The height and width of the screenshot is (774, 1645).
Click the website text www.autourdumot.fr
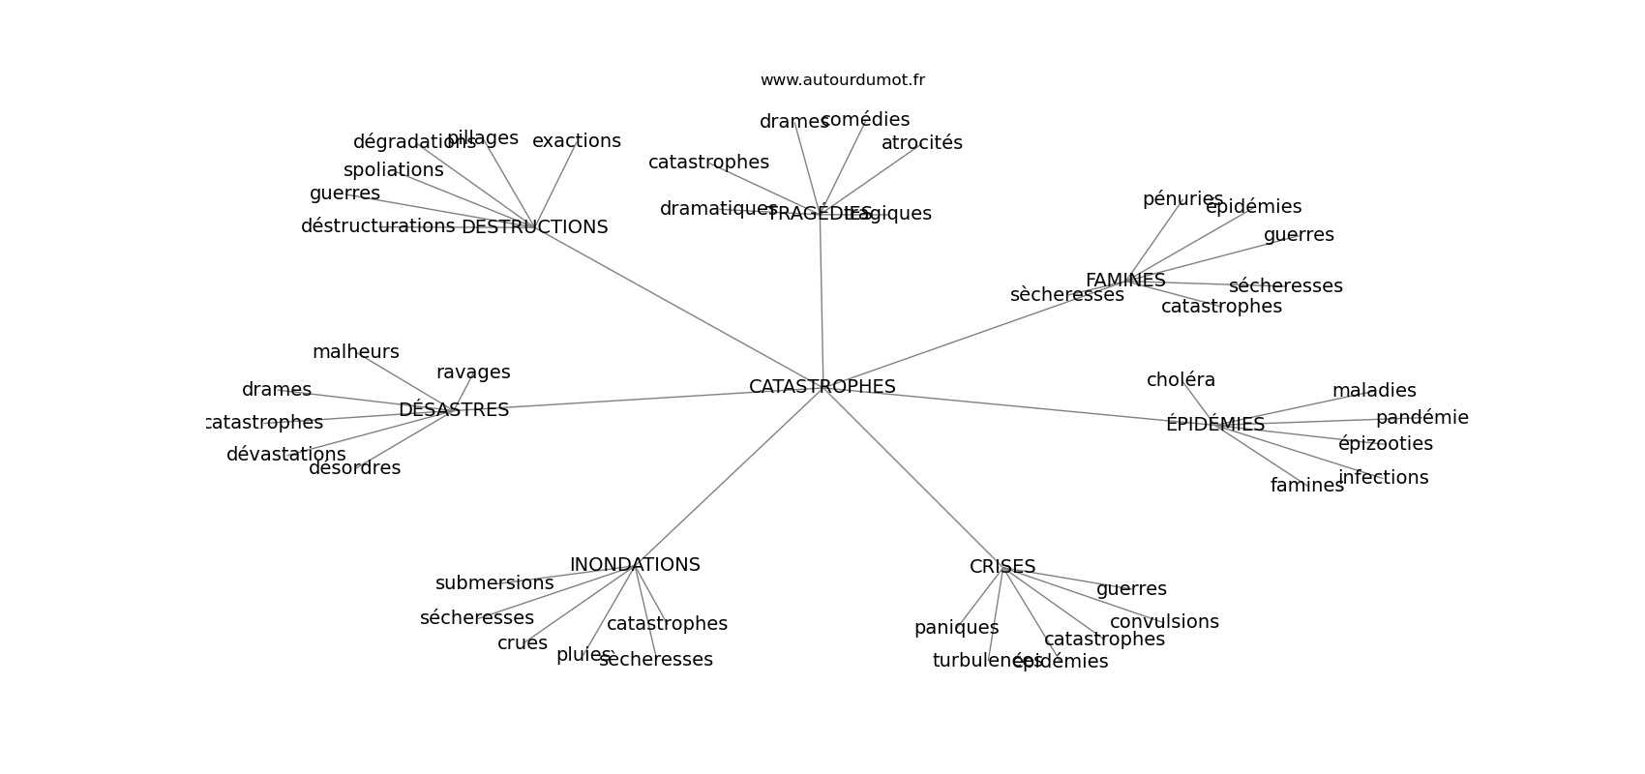(842, 80)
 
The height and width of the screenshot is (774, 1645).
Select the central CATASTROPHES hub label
(822, 387)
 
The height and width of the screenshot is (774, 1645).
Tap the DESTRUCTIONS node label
(534, 227)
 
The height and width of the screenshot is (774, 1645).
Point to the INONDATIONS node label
(634, 565)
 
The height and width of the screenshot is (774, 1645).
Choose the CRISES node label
(1002, 567)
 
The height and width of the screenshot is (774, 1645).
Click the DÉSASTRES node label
(453, 410)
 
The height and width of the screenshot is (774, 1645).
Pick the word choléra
(1181, 380)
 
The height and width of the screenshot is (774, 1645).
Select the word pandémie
(1421, 418)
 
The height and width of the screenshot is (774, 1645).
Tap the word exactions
(576, 141)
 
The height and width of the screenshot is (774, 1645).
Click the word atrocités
(921, 143)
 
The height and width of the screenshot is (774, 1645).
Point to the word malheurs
(355, 352)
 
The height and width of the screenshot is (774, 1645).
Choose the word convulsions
(1163, 622)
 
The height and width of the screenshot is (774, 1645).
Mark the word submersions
(493, 583)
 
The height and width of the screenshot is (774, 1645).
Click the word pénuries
(1181, 199)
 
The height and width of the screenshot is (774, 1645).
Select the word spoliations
(393, 170)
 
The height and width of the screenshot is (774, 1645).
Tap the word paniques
(956, 628)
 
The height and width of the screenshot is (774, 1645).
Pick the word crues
(522, 643)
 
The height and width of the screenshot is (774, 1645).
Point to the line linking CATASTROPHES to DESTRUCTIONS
(677, 307)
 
